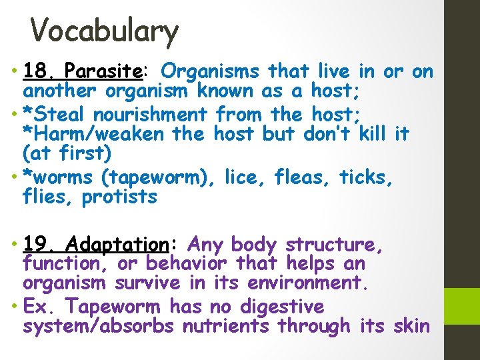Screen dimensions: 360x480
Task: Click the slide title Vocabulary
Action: point(105,31)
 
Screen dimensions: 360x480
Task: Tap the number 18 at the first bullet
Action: point(34,71)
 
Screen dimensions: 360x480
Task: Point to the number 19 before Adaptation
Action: point(34,245)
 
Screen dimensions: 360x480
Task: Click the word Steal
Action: point(54,115)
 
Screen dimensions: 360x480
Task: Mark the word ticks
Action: point(366,178)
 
